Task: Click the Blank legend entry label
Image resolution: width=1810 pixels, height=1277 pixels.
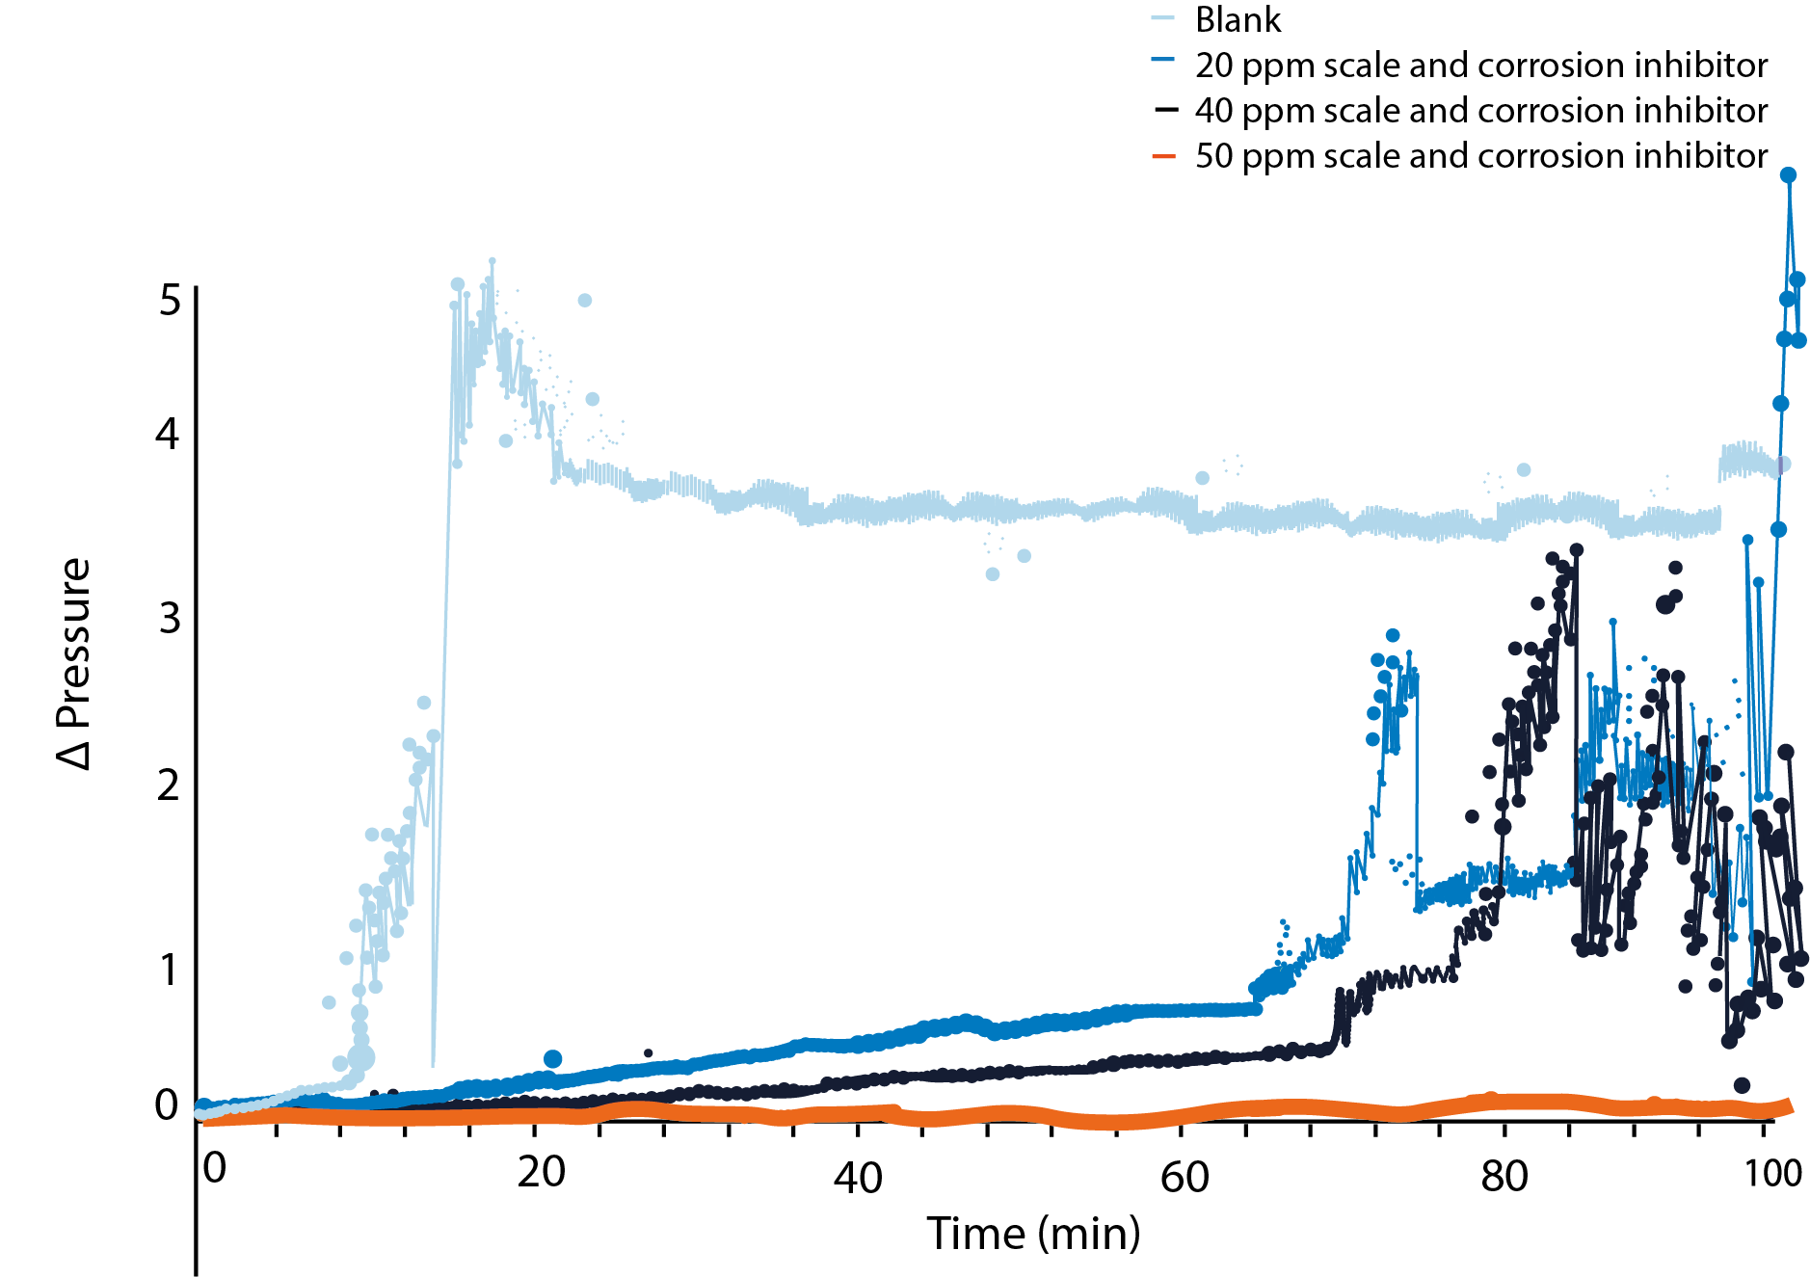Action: coord(1238,20)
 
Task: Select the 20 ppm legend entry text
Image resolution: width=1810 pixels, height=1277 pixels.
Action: coord(1480,66)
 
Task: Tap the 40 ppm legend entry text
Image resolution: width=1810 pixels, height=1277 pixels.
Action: coord(1480,111)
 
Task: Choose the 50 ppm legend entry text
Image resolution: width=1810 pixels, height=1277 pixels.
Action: coord(1480,156)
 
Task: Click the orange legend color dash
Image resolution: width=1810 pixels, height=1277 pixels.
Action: coord(1164,156)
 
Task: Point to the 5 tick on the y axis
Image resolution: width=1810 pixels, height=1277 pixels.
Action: coord(170,301)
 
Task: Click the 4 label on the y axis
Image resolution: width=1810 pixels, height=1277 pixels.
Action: coord(168,435)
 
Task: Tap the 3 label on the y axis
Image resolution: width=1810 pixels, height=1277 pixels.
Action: coord(170,618)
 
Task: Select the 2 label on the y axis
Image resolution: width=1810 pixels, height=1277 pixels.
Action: coord(169,785)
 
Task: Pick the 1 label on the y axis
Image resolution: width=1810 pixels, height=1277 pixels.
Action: coord(170,970)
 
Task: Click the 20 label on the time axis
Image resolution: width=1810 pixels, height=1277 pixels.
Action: coord(541,1172)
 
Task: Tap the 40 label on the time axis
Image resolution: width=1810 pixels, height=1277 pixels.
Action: coord(858,1178)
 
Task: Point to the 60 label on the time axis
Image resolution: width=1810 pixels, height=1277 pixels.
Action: coord(1184,1177)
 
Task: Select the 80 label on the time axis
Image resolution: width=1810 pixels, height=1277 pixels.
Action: coord(1504,1177)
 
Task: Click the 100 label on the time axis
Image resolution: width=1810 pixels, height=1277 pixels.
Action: coord(1773,1173)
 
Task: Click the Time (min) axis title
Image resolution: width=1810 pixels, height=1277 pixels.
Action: coord(1033,1234)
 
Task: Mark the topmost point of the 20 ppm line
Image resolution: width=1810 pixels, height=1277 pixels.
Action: coord(1788,174)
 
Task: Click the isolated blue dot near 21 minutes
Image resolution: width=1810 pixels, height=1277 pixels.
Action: coord(552,1059)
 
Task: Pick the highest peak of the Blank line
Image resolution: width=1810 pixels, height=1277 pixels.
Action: coord(492,261)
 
